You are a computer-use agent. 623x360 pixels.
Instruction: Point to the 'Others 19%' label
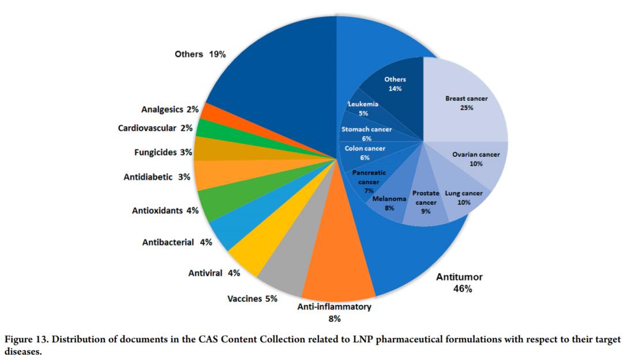(x=200, y=54)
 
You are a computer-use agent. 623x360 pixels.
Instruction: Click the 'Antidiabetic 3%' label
(x=157, y=177)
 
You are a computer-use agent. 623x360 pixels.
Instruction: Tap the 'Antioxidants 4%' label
(x=165, y=211)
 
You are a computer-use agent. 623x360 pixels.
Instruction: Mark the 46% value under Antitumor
(x=463, y=289)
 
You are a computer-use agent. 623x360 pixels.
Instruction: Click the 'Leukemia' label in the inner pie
(x=363, y=104)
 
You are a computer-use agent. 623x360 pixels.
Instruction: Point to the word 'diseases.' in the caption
(x=23, y=350)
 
